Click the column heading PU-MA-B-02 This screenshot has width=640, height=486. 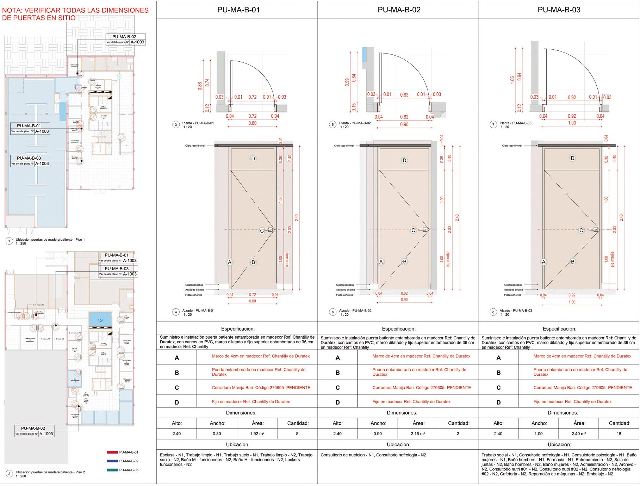[x=399, y=10]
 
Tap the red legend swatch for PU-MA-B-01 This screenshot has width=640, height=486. [x=112, y=452]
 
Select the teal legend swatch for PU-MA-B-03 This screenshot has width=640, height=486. [x=112, y=470]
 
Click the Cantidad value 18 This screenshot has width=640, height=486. [x=619, y=434]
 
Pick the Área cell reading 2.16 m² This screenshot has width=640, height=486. [x=418, y=434]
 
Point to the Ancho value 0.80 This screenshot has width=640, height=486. [x=217, y=434]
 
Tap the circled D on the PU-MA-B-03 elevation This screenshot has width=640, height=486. [x=572, y=158]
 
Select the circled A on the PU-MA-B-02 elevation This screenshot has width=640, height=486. [x=381, y=262]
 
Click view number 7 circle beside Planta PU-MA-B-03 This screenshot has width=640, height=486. [x=493, y=125]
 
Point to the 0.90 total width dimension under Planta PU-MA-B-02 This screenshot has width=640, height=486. [x=404, y=124]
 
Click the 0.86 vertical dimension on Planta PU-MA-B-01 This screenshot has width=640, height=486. [x=200, y=86]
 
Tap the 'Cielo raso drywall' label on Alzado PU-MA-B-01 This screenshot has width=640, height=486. [x=195, y=145]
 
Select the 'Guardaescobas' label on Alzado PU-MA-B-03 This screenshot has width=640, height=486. [x=513, y=285]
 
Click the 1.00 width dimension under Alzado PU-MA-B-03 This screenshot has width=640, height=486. [x=572, y=302]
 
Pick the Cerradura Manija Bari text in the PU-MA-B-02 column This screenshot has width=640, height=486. [x=421, y=388]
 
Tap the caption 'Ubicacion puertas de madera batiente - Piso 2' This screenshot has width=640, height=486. [x=50, y=472]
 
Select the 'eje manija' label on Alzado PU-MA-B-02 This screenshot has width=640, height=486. [x=448, y=259]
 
